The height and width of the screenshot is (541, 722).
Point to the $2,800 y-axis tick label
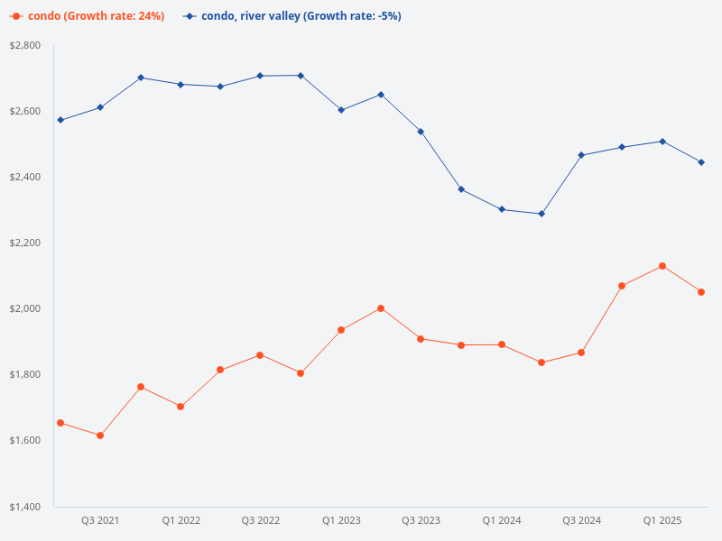tap(25, 45)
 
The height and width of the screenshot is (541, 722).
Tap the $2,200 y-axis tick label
tap(25, 243)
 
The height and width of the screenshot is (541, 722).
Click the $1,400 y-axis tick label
tap(25, 507)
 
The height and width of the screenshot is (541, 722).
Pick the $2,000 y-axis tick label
tap(25, 308)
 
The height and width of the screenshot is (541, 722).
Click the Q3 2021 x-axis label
tap(100, 521)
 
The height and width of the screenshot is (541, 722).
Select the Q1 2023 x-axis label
tap(341, 521)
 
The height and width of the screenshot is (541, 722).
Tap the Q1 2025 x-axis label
tap(662, 521)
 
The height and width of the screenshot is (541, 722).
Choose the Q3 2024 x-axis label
tap(581, 521)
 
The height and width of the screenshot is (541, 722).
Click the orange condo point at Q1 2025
tap(662, 266)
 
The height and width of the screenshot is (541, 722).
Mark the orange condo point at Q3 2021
tap(100, 436)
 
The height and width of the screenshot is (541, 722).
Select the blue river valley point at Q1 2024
tap(501, 209)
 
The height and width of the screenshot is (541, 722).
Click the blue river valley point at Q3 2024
tap(581, 155)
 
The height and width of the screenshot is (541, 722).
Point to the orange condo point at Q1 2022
tap(180, 407)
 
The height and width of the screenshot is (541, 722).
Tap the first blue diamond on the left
tap(60, 120)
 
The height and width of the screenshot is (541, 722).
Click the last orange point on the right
tap(701, 292)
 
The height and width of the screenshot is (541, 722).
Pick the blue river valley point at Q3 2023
tap(421, 132)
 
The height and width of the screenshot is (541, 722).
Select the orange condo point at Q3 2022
tap(260, 355)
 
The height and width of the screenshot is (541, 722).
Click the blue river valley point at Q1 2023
tap(341, 110)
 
